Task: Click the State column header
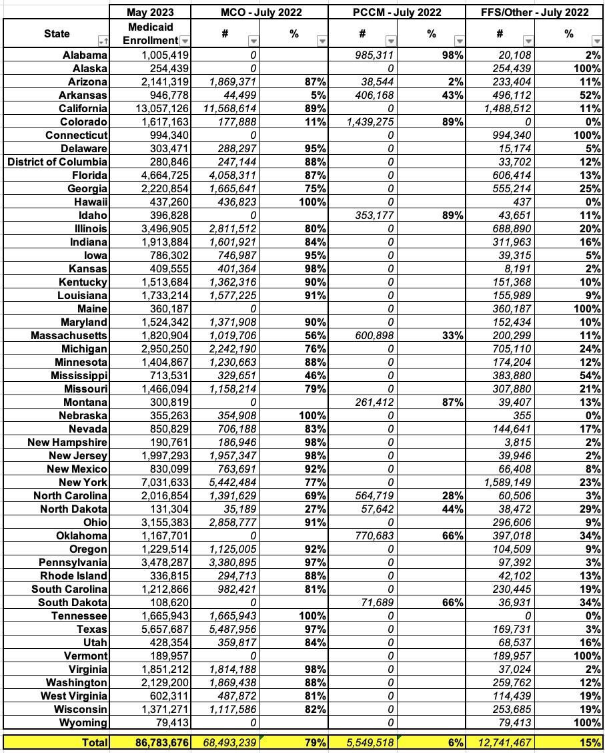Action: (56, 34)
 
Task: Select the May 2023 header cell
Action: (150, 12)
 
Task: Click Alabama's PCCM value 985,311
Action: (370, 55)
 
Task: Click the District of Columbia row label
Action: (57, 162)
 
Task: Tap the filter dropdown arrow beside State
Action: (101, 41)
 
